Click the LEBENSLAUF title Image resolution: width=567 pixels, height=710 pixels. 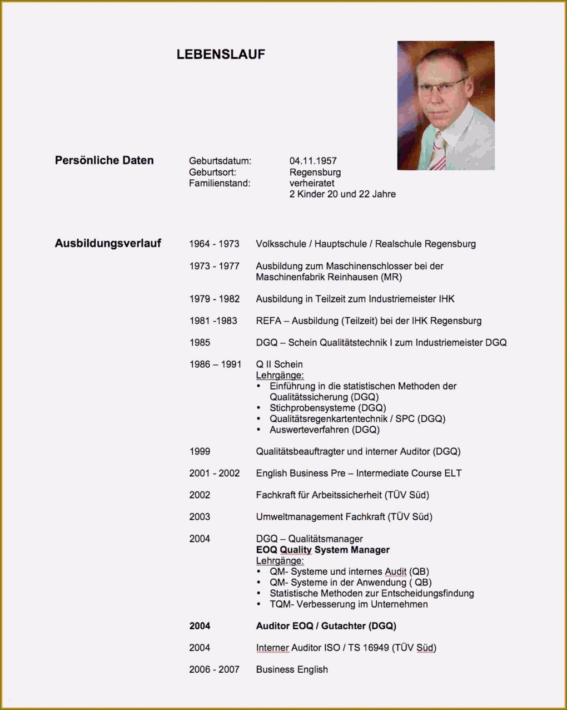tap(221, 55)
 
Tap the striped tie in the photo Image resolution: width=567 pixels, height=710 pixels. tap(439, 152)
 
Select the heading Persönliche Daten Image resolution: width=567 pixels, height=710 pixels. tap(104, 160)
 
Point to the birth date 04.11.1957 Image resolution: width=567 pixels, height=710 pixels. tap(313, 161)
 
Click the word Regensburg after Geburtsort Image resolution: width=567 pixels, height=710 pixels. tap(315, 172)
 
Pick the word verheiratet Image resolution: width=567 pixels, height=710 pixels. tap(312, 183)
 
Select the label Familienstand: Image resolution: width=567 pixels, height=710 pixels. tap(220, 183)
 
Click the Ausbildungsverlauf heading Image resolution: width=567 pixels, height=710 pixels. tap(108, 243)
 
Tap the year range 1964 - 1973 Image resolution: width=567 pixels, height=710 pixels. tap(214, 244)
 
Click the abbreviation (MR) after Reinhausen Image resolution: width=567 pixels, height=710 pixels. tap(391, 277)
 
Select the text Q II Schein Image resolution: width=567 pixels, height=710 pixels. tap(279, 364)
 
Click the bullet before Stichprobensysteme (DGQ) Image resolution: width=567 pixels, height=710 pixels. tap(259, 408)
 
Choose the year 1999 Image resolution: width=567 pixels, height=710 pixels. tap(200, 451)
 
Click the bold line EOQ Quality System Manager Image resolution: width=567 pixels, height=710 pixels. tap(322, 550)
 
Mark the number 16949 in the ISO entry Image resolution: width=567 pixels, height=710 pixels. tap(376, 647)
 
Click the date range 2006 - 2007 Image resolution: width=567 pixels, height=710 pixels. tap(214, 669)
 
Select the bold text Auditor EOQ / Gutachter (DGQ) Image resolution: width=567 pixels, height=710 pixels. tap(326, 625)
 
